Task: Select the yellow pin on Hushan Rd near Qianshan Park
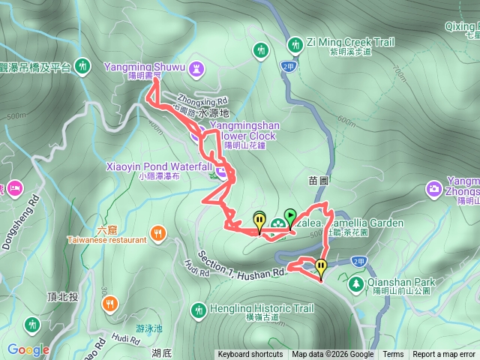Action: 321,267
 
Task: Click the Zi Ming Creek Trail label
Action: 350,43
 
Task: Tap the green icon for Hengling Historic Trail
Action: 198,308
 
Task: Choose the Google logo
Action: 28,349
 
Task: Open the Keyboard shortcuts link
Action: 250,355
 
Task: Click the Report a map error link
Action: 443,355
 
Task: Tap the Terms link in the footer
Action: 393,355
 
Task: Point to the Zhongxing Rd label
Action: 202,100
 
